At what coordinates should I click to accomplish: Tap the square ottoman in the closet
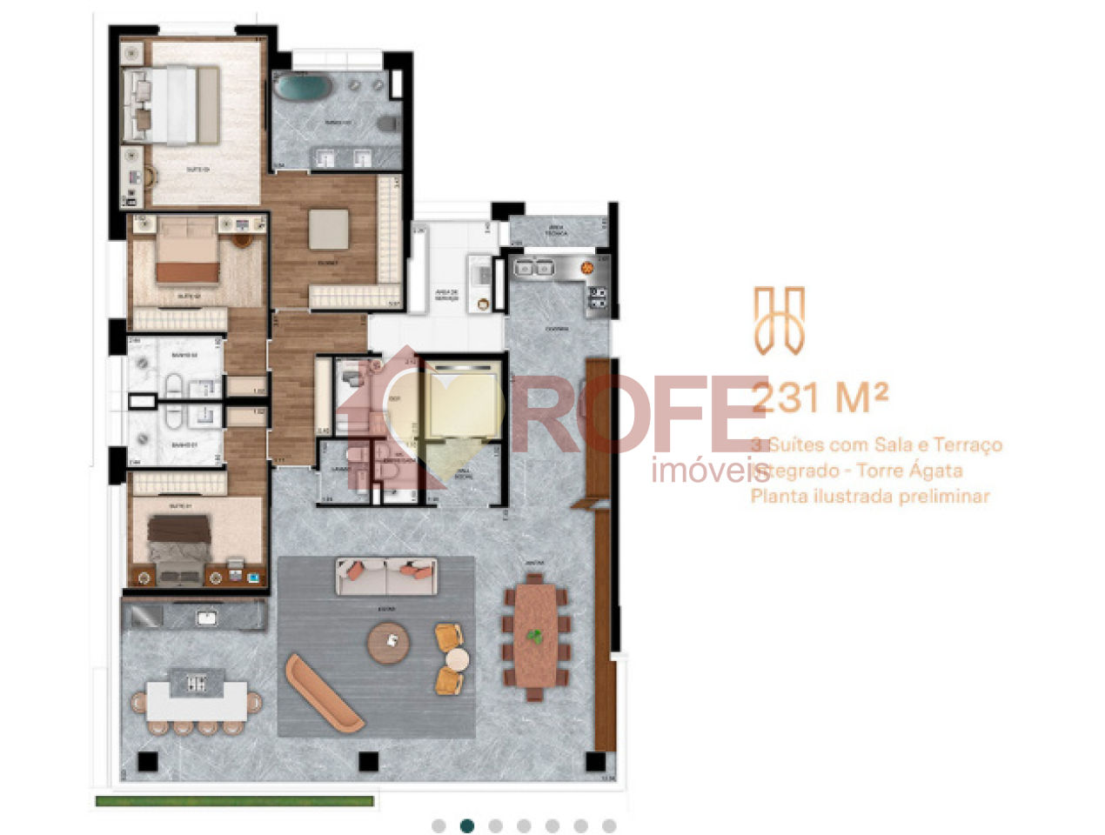[x=329, y=229]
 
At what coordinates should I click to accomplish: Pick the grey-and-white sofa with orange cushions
[x=386, y=576]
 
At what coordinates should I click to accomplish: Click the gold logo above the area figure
[x=779, y=320]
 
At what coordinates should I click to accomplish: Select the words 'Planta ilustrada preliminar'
[x=870, y=497]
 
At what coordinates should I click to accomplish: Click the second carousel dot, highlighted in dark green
[x=467, y=825]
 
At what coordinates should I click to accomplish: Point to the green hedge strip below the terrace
[x=235, y=801]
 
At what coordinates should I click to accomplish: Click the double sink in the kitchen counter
[x=533, y=268]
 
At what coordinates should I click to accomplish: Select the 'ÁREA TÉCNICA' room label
[x=556, y=232]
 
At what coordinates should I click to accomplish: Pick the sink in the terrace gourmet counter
[x=207, y=618]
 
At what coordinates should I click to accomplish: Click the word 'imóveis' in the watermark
[x=709, y=471]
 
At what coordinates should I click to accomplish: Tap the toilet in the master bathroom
[x=389, y=123]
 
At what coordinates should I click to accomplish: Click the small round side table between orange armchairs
[x=458, y=659]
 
